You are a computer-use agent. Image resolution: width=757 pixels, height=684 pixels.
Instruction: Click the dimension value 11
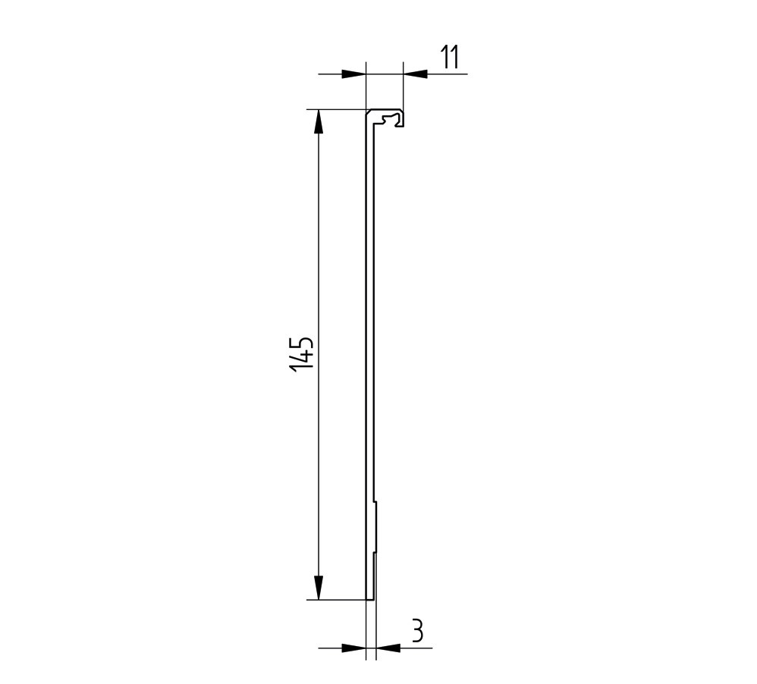click(451, 58)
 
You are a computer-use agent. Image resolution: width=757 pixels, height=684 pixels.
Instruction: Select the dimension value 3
click(417, 631)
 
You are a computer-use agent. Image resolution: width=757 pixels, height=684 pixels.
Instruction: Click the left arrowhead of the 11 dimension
click(353, 74)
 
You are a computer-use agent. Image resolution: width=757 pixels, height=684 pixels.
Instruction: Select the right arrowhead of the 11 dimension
click(414, 74)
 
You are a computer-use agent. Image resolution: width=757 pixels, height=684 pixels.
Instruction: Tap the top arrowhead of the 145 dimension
click(319, 121)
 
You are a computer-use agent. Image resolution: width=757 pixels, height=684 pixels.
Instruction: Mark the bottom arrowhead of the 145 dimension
click(319, 588)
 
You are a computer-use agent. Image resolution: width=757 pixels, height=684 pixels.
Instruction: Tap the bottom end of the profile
click(369, 598)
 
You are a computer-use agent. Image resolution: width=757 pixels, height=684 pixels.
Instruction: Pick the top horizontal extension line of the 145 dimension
click(334, 109)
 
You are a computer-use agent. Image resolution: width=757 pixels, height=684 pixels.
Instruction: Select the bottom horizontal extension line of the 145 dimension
click(334, 600)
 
